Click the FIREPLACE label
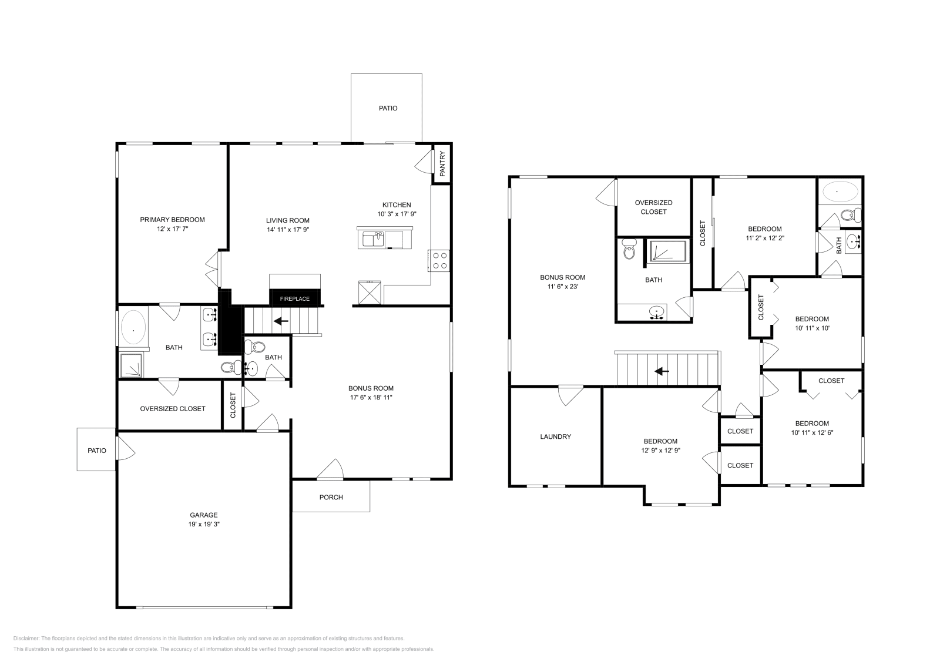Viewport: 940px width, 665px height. point(294,299)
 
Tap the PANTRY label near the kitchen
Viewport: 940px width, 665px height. point(442,164)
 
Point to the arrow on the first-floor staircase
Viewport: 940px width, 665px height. point(281,321)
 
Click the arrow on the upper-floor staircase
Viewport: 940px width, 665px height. point(662,371)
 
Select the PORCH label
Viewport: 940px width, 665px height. point(331,498)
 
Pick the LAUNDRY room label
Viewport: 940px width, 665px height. point(555,436)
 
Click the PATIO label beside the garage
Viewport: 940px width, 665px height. point(97,451)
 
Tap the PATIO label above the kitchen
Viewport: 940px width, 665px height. point(388,108)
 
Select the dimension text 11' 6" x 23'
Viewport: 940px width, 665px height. point(562,287)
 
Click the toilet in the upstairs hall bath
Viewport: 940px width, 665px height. point(629,251)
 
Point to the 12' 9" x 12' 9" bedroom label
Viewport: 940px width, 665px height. point(660,451)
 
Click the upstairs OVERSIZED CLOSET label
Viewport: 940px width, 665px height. point(653,207)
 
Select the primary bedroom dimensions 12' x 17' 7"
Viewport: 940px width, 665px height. point(172,229)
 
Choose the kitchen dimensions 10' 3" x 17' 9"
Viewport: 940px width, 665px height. point(397,214)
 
